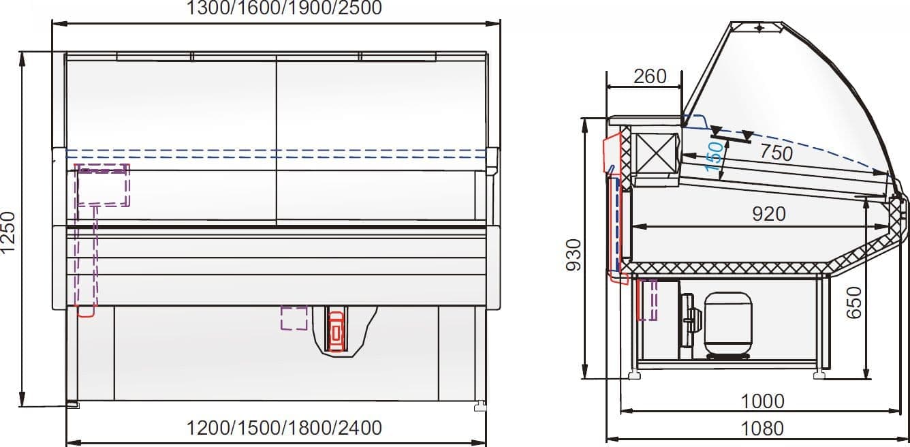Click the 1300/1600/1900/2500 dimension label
coord(284,7)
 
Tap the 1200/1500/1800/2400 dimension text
coord(284,427)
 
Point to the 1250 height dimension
coord(7,232)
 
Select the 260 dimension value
coord(650,76)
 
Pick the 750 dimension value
coord(776,153)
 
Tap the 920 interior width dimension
coord(768,214)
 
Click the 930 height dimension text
coord(574,255)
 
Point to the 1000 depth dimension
coord(763,401)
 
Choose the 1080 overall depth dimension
coord(762,429)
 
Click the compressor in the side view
coord(728,326)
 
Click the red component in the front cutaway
coord(336,330)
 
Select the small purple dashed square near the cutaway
coord(294,318)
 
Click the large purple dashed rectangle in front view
coord(102,185)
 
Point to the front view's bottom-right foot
coord(480,406)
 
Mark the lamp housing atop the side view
coord(757,27)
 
